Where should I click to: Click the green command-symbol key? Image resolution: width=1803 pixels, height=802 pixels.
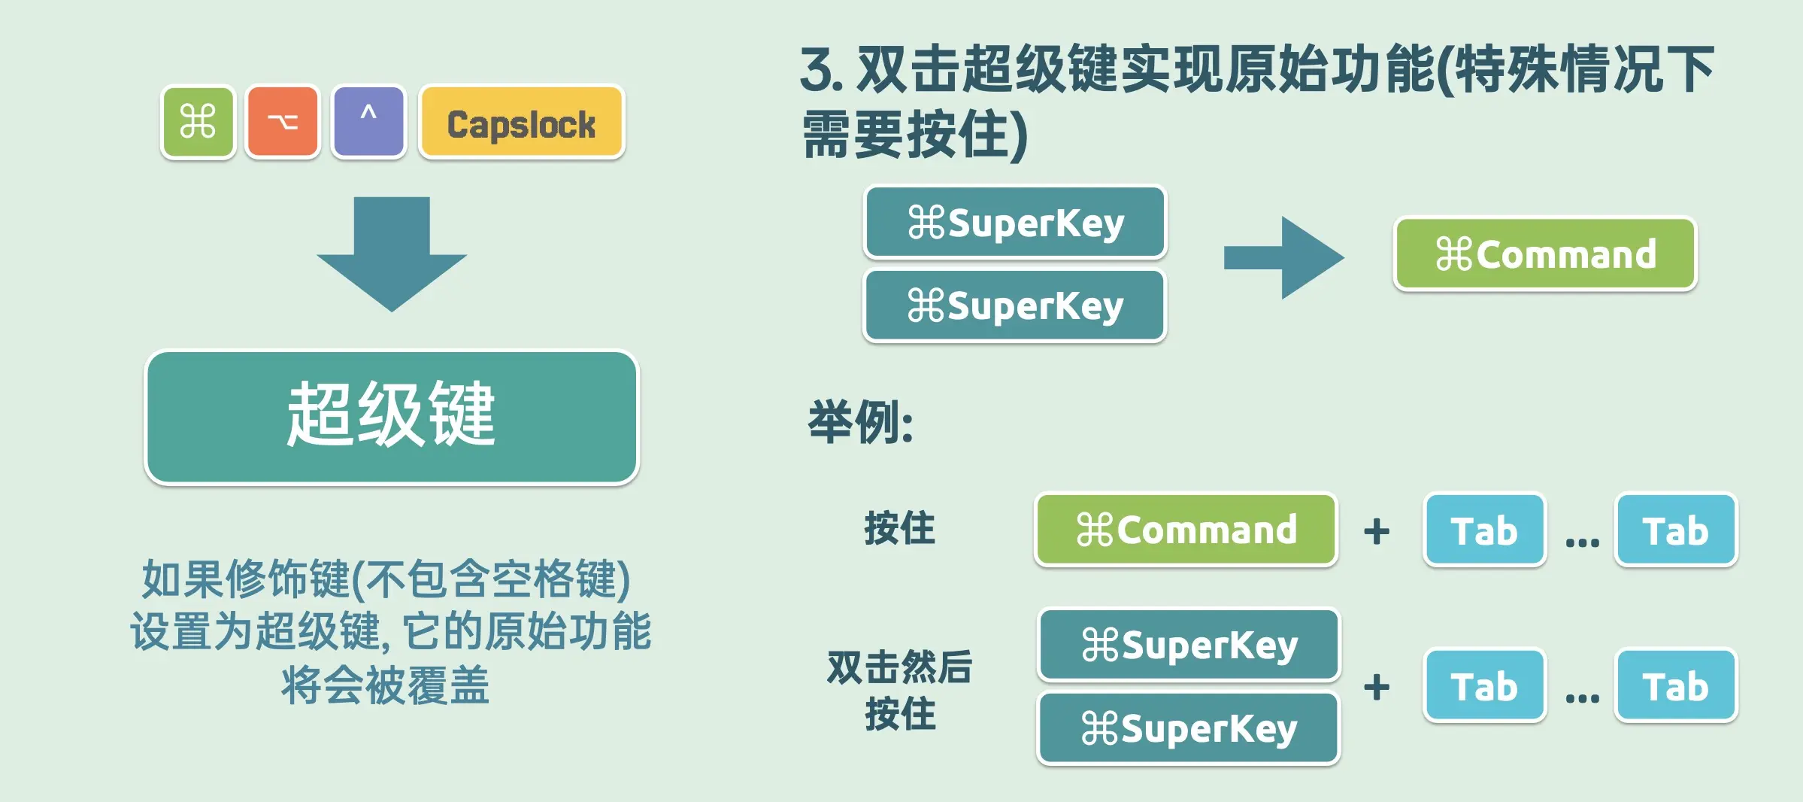pos(198,121)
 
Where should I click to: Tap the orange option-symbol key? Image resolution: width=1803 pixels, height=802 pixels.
pos(283,121)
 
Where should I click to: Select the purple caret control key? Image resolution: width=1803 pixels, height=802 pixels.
pos(368,121)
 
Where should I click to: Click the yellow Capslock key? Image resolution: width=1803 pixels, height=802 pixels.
pos(522,122)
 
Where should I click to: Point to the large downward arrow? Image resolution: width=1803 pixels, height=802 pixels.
pos(392,254)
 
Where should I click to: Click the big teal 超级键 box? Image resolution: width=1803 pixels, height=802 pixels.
pos(392,417)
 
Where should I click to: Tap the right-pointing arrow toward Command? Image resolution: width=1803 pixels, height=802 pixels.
pos(1283,257)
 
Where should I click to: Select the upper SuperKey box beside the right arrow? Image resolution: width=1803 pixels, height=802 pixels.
pos(1015,223)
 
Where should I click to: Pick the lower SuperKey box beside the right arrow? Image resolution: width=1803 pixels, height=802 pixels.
pos(1015,305)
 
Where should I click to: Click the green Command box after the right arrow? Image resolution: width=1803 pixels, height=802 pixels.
pos(1545,254)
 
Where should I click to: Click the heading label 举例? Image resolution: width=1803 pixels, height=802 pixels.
pos(861,422)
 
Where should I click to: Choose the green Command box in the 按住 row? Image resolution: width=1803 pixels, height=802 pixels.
pos(1186,530)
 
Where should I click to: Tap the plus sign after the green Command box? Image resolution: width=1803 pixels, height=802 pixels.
pos(1377,531)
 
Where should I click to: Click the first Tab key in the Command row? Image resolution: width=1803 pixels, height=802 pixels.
pos(1485,530)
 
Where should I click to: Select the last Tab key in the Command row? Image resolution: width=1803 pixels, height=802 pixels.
pos(1676,530)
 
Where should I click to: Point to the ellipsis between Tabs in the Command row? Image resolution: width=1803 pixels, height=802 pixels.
pos(1582,542)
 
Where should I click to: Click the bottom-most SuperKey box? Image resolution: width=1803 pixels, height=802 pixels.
pos(1189,728)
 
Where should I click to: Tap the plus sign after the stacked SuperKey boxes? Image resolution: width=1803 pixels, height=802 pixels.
pos(1377,687)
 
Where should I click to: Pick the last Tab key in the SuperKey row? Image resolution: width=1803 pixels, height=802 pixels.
pos(1676,685)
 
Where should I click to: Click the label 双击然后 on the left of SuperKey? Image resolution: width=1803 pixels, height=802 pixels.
pos(900,667)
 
